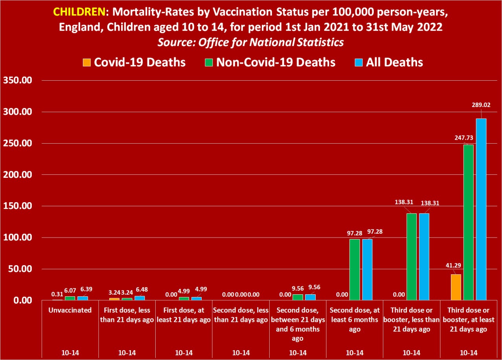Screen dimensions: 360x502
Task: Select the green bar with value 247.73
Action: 469,222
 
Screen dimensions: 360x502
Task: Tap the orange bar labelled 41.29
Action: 456,287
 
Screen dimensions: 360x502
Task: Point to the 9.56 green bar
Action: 298,297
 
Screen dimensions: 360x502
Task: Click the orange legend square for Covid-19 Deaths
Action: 86,62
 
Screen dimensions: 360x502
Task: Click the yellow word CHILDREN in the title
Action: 79,11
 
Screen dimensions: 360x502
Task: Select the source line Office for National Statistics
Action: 250,42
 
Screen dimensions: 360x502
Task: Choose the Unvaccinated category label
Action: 70,310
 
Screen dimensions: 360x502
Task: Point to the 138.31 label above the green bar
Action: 405,202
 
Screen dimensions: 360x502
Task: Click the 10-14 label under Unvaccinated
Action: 70,352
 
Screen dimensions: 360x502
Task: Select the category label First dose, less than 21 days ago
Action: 127,315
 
